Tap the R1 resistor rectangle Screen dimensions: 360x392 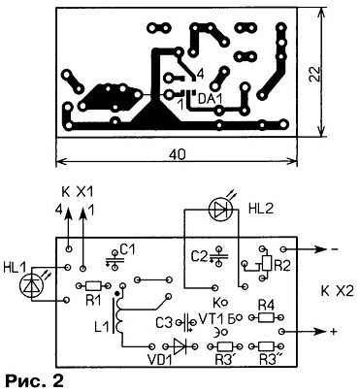click(93, 285)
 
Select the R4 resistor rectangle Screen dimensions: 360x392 click(266, 318)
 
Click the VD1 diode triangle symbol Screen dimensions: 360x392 click(180, 346)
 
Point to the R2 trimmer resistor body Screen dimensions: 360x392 click(267, 263)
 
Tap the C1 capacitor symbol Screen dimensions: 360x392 click(115, 260)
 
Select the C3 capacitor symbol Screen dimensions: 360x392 click(186, 322)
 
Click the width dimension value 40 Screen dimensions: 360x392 click(178, 155)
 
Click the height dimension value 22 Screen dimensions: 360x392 click(313, 75)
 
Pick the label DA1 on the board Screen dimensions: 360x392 click(211, 99)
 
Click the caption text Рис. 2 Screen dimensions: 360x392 click(34, 382)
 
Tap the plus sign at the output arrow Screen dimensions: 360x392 click(334, 332)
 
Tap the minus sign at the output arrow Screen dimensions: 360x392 click(334, 249)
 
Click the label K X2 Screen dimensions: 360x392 click(338, 290)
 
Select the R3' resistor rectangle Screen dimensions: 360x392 click(224, 346)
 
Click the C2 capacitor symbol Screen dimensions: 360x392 click(219, 256)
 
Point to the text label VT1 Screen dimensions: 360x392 click(211, 320)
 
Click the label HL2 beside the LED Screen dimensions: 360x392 click(261, 209)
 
